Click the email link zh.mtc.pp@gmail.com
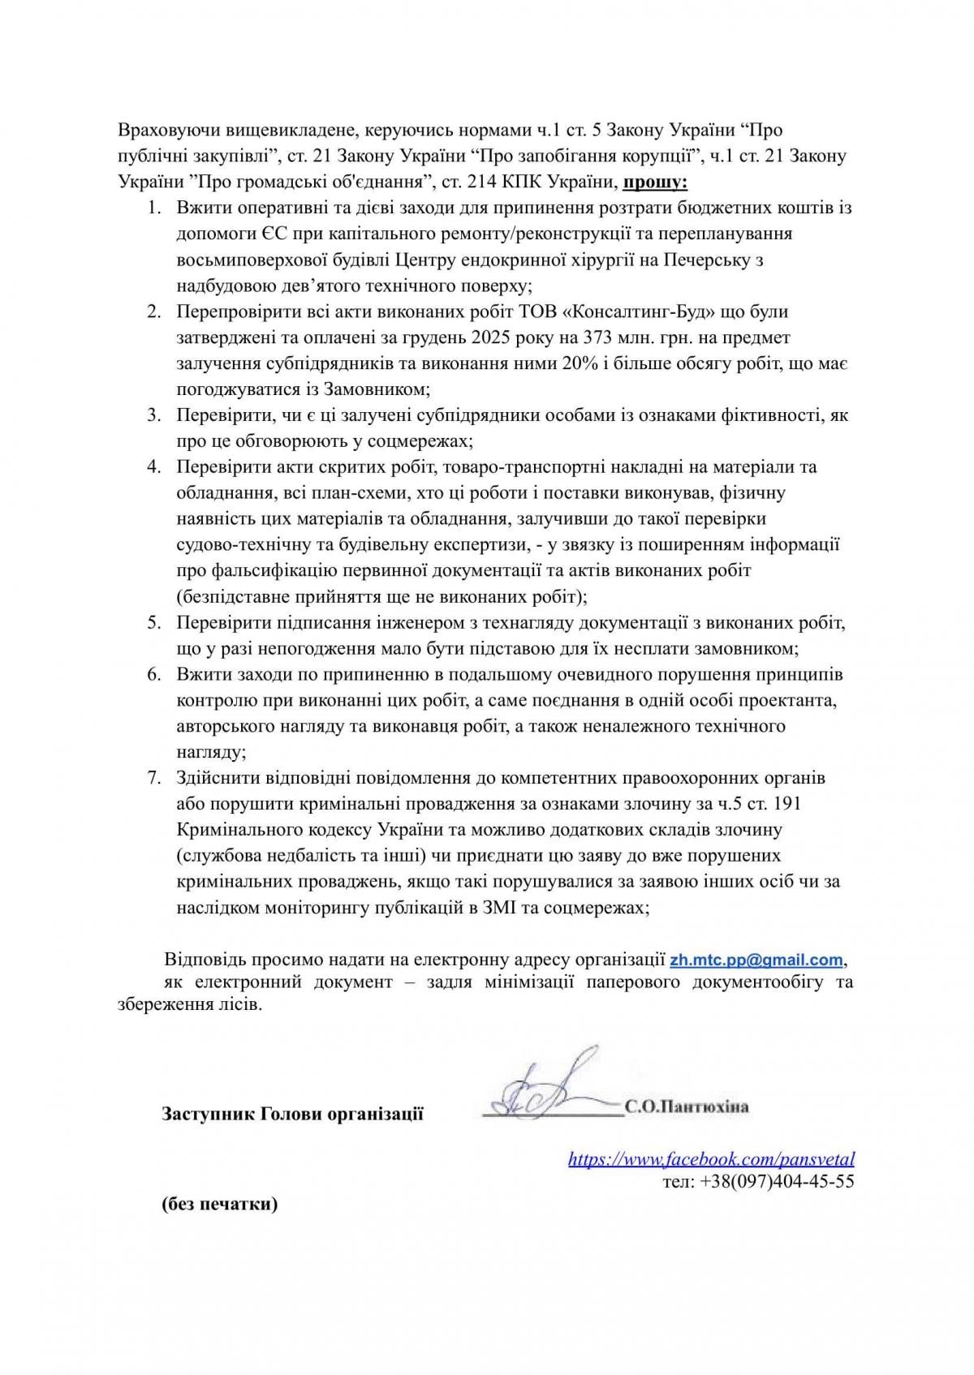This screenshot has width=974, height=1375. pos(756,960)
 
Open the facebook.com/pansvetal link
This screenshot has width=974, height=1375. pos(711,1159)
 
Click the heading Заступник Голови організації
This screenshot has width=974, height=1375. pos(292,1114)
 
